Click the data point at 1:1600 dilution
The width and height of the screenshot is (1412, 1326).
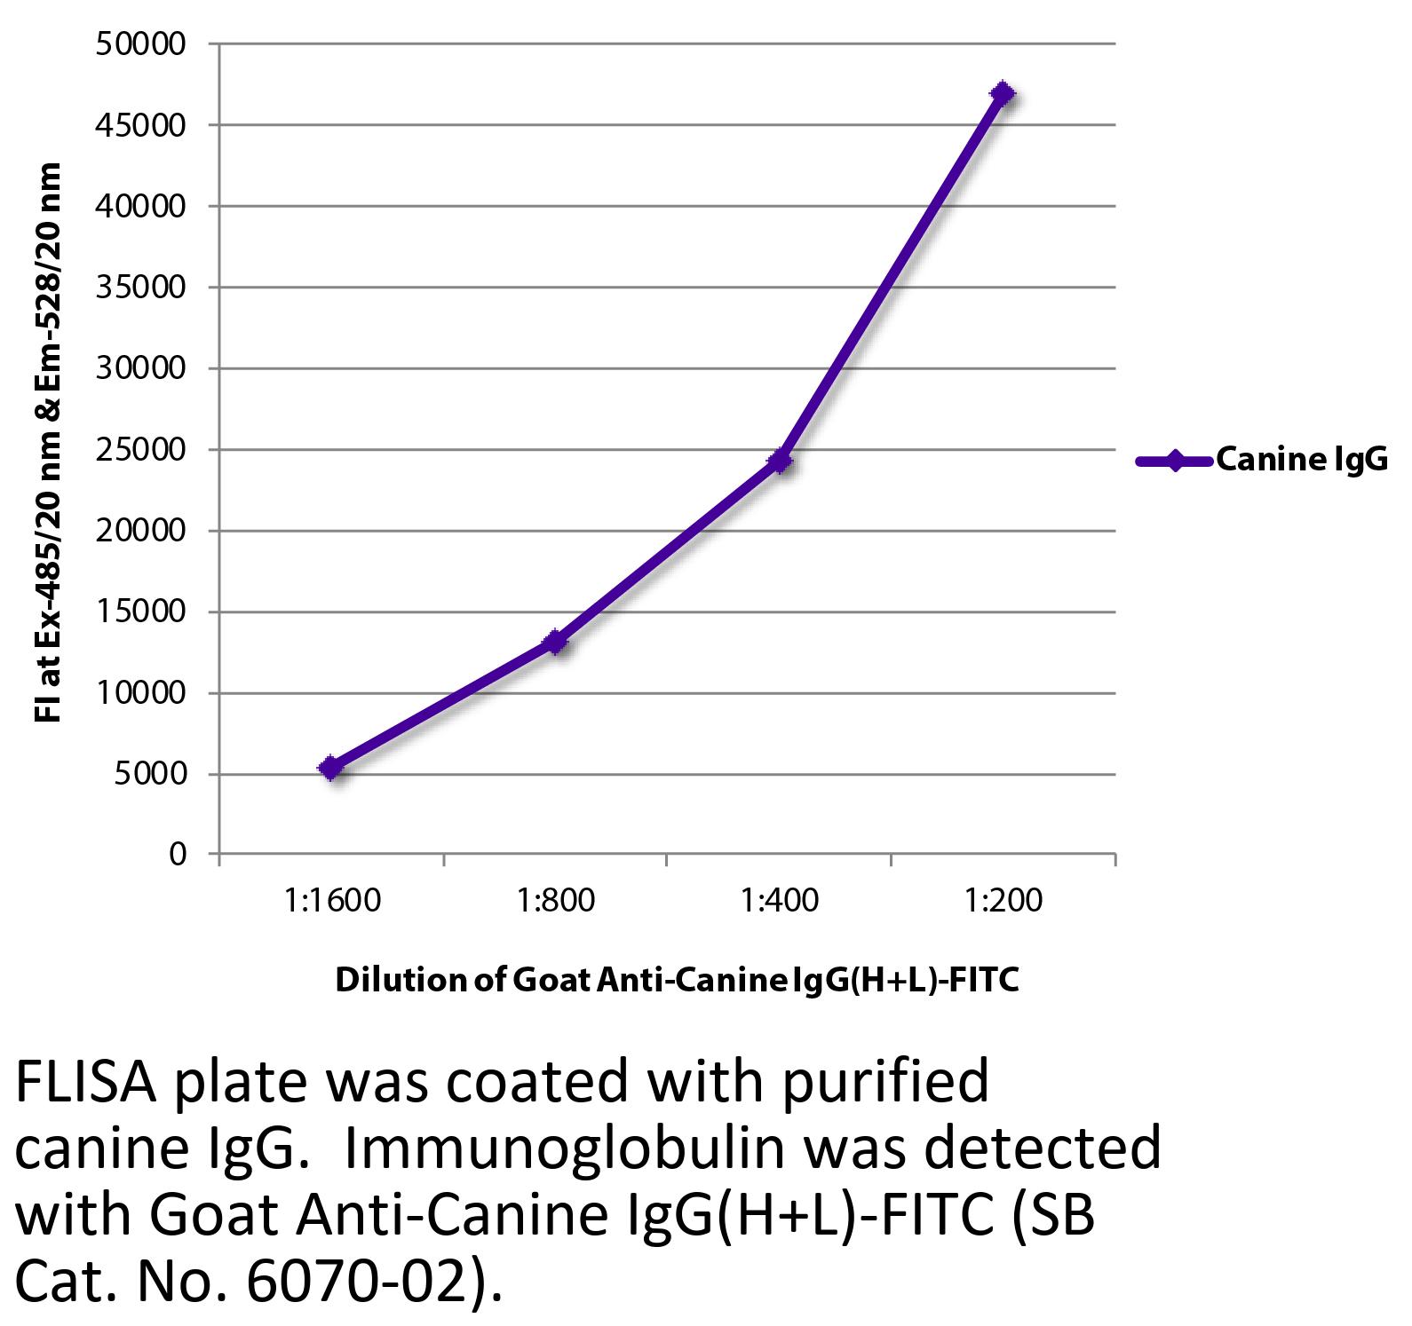click(x=331, y=768)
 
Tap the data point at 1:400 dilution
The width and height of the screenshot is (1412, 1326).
click(x=780, y=461)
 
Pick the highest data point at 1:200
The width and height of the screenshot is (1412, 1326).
click(x=1003, y=93)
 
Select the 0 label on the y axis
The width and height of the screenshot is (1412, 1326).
click(x=178, y=854)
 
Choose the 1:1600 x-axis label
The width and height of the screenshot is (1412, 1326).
click(x=332, y=900)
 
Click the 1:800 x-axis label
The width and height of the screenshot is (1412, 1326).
click(x=556, y=900)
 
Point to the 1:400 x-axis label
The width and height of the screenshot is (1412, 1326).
click(x=780, y=900)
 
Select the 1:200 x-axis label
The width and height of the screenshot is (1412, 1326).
click(x=1003, y=900)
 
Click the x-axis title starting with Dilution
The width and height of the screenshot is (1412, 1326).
click(x=676, y=980)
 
